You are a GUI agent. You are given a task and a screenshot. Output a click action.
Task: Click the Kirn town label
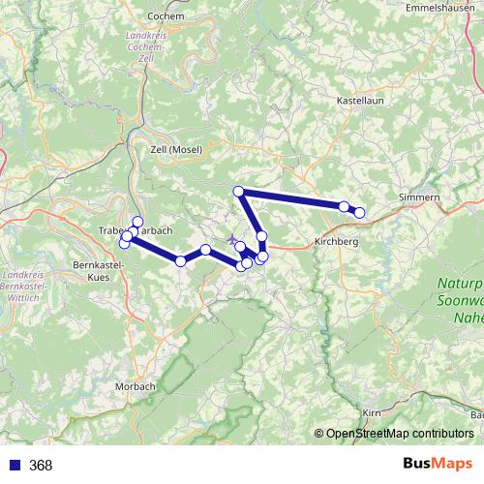tap(370, 412)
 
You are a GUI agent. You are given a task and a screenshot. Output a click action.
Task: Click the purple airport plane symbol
tap(230, 239)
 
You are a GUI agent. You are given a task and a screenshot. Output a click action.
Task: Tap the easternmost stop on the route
tap(359, 212)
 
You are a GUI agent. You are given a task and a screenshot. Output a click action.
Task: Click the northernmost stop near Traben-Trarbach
tap(137, 222)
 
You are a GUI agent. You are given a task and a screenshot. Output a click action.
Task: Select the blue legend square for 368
tap(12, 465)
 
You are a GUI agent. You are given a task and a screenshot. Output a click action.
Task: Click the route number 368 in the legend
tap(42, 465)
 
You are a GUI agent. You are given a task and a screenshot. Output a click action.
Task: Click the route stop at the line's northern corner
tap(238, 191)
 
